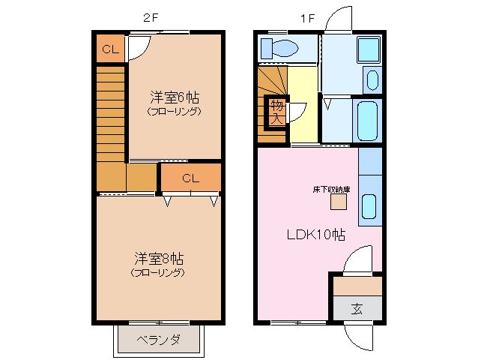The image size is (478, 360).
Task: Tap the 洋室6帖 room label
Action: [174, 97]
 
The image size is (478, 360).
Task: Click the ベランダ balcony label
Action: [157, 340]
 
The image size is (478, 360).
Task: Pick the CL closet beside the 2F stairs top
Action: [110, 50]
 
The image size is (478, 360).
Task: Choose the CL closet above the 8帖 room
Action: [190, 178]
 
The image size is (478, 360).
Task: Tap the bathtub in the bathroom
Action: [368, 119]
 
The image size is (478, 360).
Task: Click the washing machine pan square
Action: [368, 50]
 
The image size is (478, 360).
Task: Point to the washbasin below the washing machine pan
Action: [372, 79]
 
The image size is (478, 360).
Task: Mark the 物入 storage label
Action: [276, 111]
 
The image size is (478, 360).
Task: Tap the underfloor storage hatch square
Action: [339, 201]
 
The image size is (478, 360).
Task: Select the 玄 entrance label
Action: [357, 308]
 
